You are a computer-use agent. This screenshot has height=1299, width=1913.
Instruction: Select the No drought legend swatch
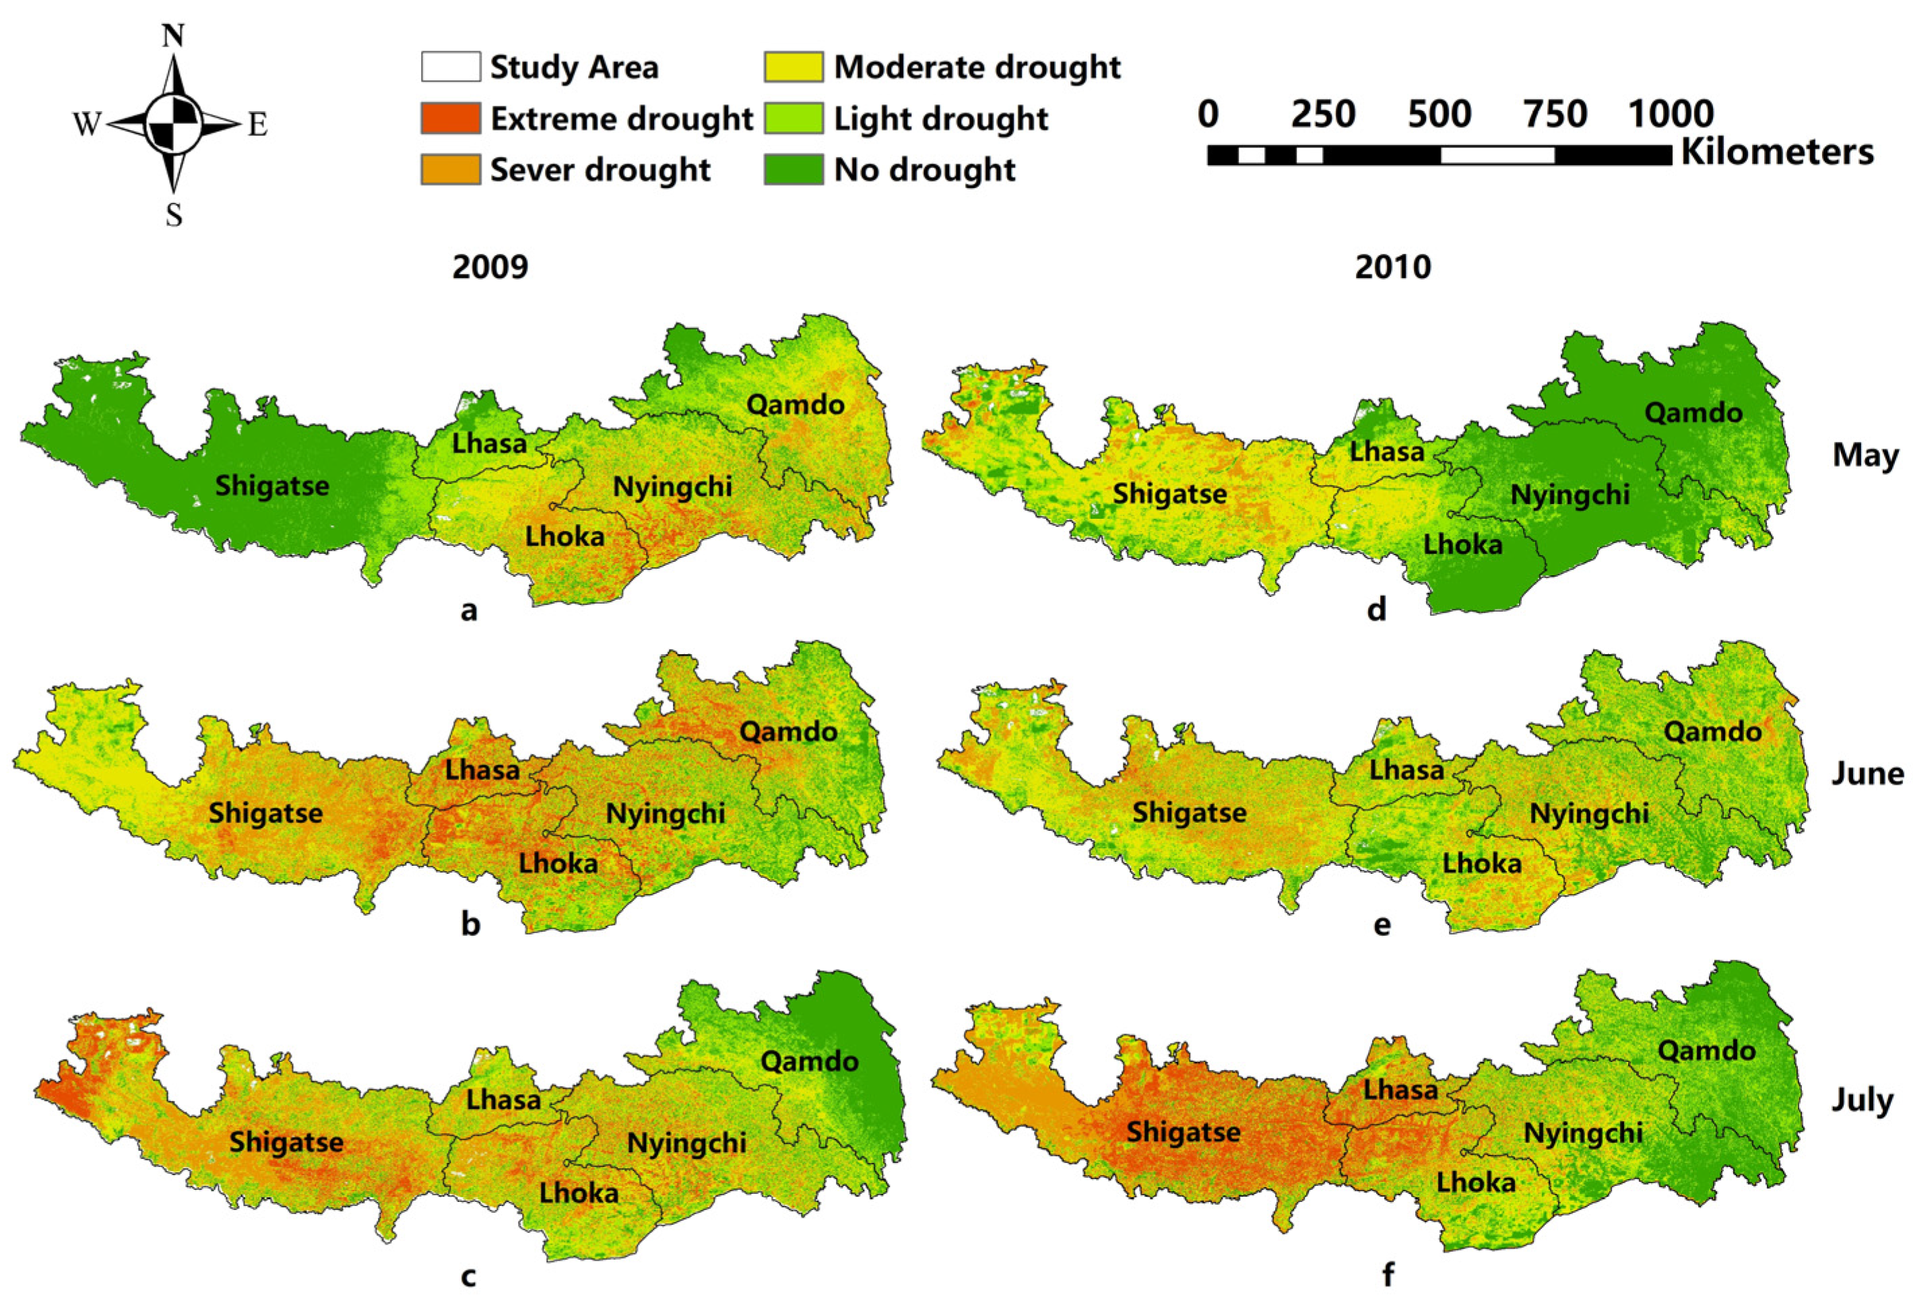tap(793, 170)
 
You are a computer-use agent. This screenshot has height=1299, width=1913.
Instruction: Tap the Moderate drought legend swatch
tap(793, 67)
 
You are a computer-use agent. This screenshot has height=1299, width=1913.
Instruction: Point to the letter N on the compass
tap(173, 36)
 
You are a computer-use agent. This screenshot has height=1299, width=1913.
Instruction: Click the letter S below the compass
tap(174, 216)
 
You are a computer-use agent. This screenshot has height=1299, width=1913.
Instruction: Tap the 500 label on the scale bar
tap(1439, 114)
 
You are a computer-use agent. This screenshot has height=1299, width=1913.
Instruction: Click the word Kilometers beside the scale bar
tap(1776, 152)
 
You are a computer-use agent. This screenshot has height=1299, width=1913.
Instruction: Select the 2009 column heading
tap(490, 267)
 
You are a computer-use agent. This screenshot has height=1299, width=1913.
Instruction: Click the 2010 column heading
tap(1393, 267)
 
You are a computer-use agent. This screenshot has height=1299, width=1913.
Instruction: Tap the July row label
tap(1862, 1101)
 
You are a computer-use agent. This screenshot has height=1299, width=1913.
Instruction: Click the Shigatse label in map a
tap(271, 486)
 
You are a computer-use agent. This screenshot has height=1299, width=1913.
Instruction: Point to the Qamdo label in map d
tap(1693, 412)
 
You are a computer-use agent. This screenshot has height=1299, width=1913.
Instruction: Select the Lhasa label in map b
tap(482, 771)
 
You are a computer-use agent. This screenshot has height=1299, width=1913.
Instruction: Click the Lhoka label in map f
tap(1476, 1183)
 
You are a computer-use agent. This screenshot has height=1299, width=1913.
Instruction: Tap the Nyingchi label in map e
tap(1589, 814)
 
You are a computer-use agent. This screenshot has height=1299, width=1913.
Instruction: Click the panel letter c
tap(468, 1276)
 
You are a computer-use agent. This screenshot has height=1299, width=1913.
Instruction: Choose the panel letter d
tap(1376, 609)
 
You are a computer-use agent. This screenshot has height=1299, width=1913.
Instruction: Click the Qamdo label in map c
tap(809, 1061)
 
